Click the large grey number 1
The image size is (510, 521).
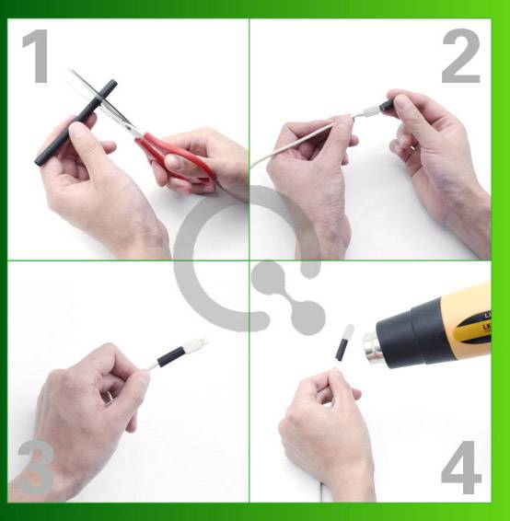(x=37, y=57)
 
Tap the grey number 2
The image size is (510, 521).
(x=460, y=57)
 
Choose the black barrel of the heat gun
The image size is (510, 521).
(x=414, y=331)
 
